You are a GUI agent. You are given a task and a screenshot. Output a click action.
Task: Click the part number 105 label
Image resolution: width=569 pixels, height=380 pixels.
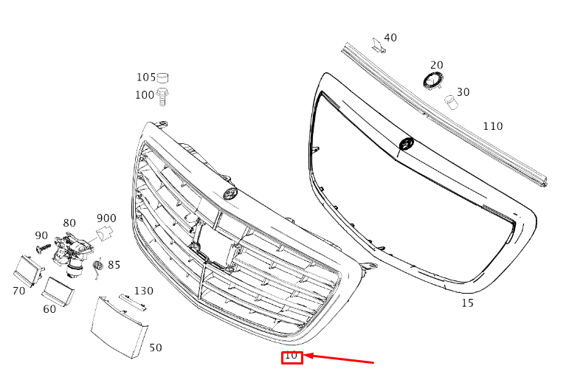[x=146, y=77]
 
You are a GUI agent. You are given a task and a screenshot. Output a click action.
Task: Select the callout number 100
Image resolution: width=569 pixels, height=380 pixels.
[x=145, y=95]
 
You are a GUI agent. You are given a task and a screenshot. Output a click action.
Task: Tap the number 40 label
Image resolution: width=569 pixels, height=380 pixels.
[x=390, y=38]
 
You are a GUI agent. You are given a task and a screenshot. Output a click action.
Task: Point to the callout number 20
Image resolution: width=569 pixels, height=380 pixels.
[x=437, y=65]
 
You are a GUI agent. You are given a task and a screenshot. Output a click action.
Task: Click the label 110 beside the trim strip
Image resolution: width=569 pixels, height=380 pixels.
[x=493, y=126]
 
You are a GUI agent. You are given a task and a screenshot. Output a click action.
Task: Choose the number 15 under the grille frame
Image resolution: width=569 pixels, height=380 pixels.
[x=467, y=303]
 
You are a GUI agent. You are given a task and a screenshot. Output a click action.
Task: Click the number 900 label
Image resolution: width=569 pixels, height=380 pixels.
[x=106, y=218]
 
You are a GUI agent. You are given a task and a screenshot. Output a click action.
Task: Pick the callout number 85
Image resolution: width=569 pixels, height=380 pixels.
[x=114, y=265]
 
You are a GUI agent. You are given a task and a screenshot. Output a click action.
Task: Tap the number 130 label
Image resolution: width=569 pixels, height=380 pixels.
[x=144, y=291]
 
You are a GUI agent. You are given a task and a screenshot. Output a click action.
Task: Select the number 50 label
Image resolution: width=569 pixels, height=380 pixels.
[x=156, y=348]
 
